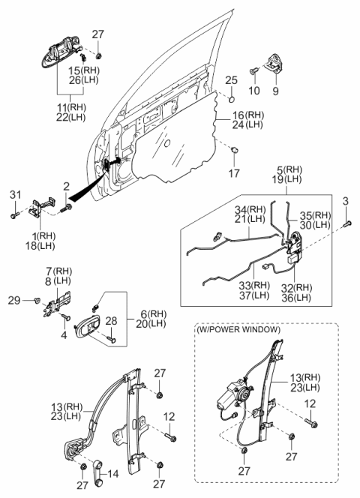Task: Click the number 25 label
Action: click(x=231, y=79)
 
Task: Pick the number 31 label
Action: click(x=15, y=196)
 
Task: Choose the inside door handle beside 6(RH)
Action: click(x=88, y=328)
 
